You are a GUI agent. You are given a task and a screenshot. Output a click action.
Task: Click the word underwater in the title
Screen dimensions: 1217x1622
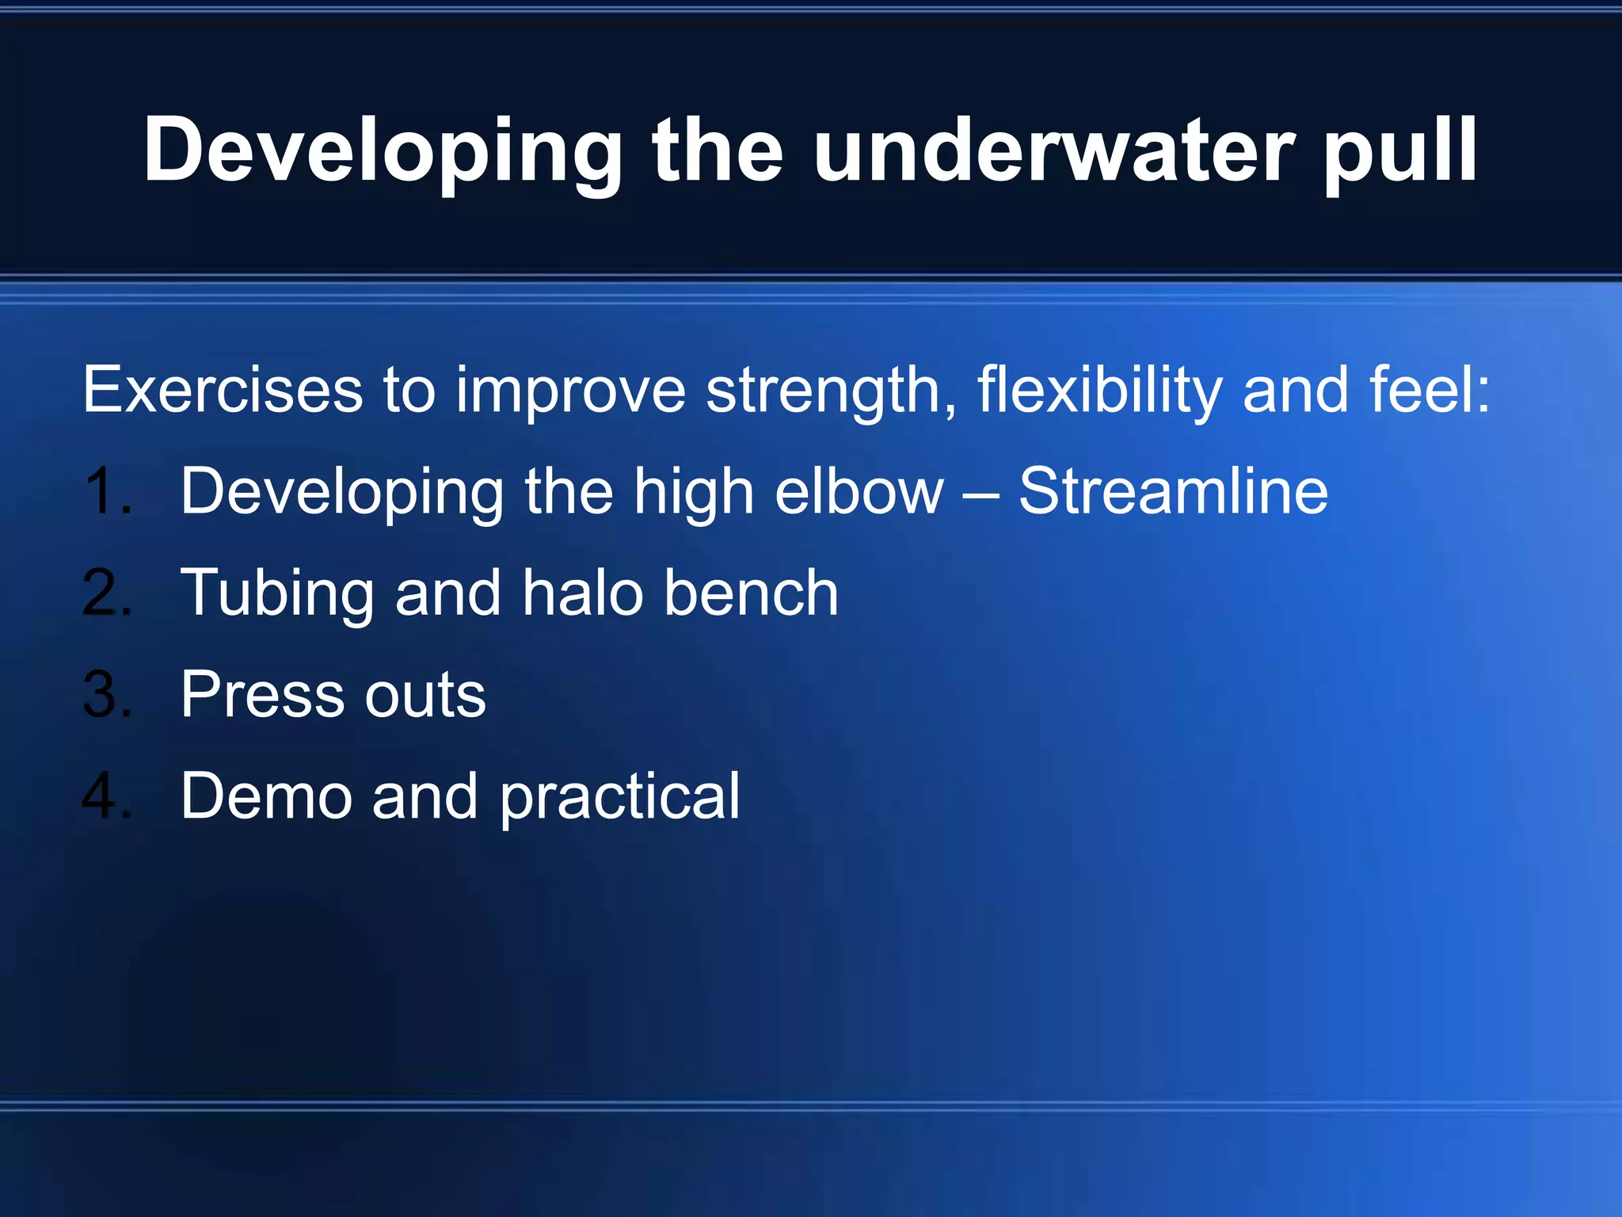click(1053, 151)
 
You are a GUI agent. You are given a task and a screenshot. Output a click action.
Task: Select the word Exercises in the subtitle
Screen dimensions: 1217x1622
click(223, 390)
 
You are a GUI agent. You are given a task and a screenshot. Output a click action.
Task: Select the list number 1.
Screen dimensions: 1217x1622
click(107, 491)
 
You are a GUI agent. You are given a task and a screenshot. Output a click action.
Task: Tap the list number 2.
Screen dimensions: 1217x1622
click(107, 593)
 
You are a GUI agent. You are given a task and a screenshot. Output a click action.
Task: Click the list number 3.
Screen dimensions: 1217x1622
click(107, 694)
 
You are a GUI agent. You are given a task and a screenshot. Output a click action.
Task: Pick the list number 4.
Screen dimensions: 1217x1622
click(107, 795)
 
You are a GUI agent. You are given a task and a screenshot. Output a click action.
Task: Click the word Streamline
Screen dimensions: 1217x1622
click(1173, 491)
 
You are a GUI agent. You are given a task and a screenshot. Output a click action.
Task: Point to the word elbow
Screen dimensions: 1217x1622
click(859, 491)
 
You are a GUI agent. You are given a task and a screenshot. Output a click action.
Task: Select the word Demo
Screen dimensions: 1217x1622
click(266, 795)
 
